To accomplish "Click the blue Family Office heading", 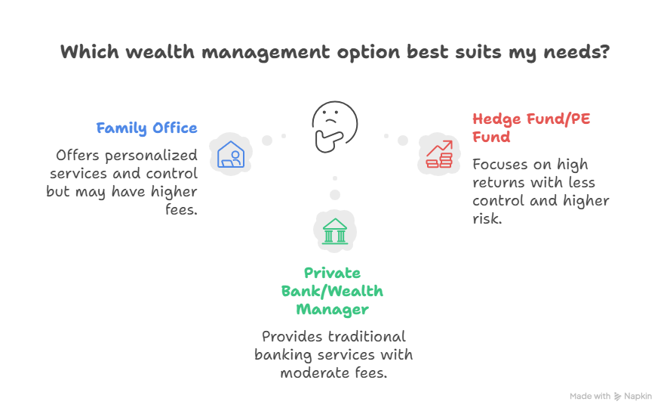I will [x=146, y=128].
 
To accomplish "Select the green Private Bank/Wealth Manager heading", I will [x=332, y=291].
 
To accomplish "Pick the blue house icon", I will [x=230, y=154].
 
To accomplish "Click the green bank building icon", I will [x=334, y=230].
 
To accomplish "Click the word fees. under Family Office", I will [x=180, y=210].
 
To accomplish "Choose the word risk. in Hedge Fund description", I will [x=487, y=219].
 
